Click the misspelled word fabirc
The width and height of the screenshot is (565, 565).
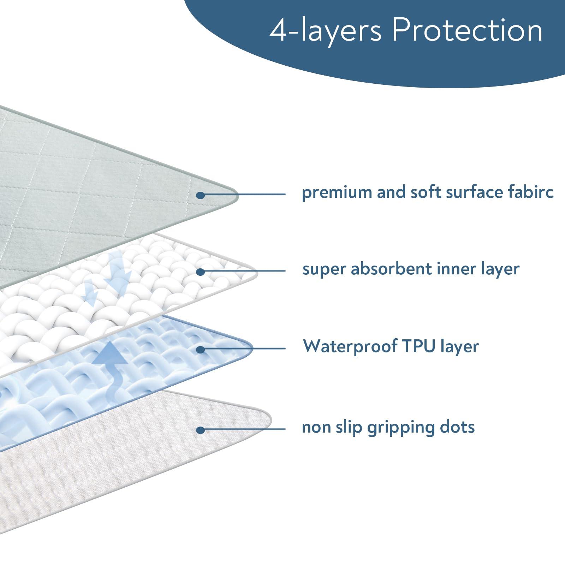tap(531, 192)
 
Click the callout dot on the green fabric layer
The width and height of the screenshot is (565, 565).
tap(200, 195)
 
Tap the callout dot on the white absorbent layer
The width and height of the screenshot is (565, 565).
tap(200, 272)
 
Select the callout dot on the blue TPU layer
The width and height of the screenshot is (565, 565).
tap(200, 350)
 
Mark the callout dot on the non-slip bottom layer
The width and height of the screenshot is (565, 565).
tap(200, 430)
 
